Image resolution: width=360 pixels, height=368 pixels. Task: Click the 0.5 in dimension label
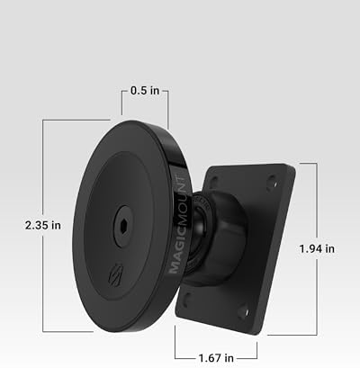[x=145, y=90]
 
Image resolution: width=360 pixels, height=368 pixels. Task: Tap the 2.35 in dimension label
[x=43, y=225]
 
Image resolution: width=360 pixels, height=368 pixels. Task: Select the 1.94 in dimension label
[x=317, y=248]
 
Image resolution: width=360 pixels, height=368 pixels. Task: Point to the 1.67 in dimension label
[x=216, y=358]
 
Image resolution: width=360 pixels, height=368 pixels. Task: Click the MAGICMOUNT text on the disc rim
[x=179, y=224]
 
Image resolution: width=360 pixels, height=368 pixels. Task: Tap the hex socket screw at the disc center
[x=122, y=226]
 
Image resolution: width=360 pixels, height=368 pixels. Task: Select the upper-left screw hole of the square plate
[x=214, y=182]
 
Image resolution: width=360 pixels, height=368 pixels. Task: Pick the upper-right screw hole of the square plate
[x=272, y=182]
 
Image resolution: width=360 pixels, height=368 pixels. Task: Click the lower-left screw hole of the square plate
[x=187, y=300]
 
